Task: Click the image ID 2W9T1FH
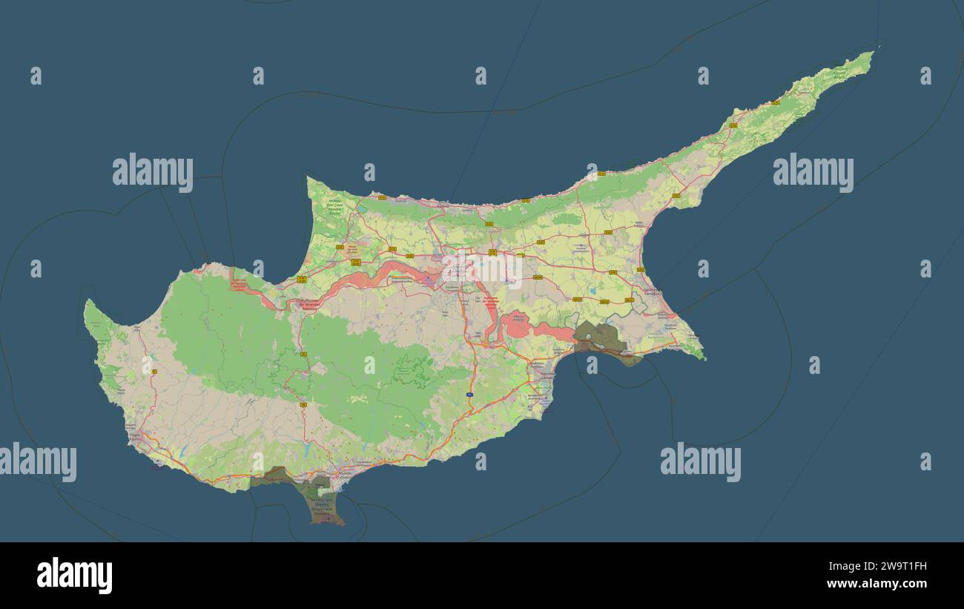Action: [x=889, y=567]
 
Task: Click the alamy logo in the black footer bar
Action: [x=74, y=576]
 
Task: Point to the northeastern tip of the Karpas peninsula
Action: [x=873, y=52]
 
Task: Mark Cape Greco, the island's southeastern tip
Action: [x=703, y=358]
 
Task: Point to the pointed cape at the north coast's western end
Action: [x=309, y=179]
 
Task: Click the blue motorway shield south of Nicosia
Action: [x=470, y=395]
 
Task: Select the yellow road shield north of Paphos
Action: [x=154, y=371]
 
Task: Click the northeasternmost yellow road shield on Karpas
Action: [x=773, y=102]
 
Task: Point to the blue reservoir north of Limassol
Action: [x=304, y=448]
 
